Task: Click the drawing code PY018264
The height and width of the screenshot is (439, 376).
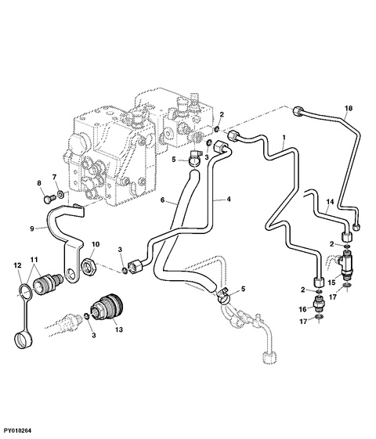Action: click(x=16, y=430)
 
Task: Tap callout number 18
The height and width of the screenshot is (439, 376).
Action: click(x=349, y=108)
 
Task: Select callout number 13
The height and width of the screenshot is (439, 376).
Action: click(x=119, y=329)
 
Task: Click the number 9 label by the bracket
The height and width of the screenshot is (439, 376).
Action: click(x=32, y=228)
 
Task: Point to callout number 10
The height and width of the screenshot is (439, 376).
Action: click(x=96, y=244)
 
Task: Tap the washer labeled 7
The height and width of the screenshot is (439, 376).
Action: click(x=60, y=194)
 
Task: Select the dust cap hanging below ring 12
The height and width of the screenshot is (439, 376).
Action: click(x=23, y=340)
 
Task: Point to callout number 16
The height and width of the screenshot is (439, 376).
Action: click(x=303, y=310)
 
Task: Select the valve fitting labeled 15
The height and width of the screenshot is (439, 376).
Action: click(x=346, y=263)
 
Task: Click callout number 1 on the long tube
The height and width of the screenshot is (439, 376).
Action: click(x=284, y=138)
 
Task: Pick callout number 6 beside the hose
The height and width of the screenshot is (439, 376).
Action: click(x=162, y=200)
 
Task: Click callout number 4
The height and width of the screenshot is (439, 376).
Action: click(x=229, y=199)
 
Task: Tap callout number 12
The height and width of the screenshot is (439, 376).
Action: click(x=17, y=264)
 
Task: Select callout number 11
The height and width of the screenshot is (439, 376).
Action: click(x=34, y=260)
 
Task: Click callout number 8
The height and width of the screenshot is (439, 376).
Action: click(x=39, y=183)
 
